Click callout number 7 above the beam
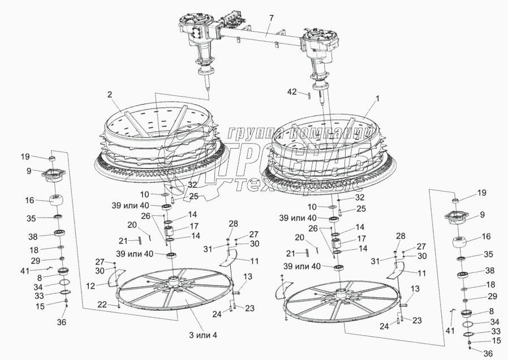271,18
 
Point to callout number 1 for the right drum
377,98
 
